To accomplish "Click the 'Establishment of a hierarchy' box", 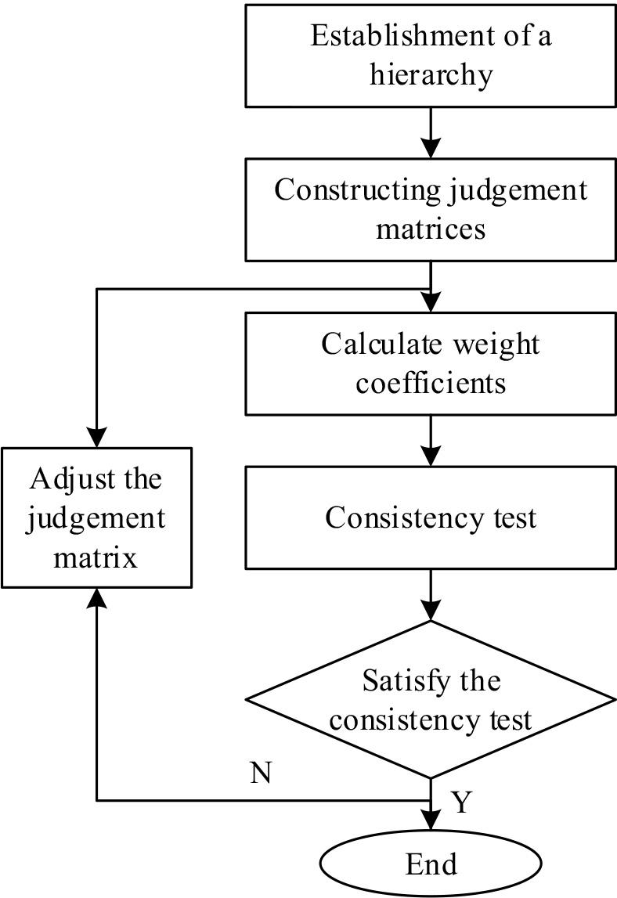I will (431, 55).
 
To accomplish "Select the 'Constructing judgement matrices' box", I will (431, 209).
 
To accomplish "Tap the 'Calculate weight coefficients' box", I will (431, 363).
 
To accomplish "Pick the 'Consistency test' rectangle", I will (431, 518).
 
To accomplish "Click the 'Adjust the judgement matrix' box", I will (96, 518).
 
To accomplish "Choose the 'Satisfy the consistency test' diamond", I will (431, 699).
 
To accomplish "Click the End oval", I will (431, 865).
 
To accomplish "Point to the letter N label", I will (261, 774).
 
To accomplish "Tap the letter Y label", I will (461, 802).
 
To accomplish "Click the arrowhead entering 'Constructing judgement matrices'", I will (431, 148).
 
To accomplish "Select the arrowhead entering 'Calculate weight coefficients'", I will (431, 302).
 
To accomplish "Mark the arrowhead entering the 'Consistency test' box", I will (431, 456).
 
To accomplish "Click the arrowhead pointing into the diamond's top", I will (431, 611).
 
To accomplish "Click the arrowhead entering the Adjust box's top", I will (96, 438).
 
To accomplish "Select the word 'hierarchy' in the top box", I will (431, 76).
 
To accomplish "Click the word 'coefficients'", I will (431, 384).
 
